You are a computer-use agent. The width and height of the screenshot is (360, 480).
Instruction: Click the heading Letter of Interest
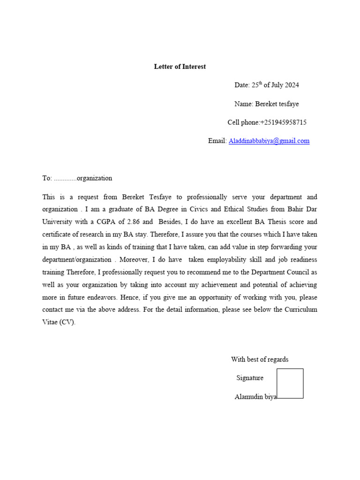(x=180, y=67)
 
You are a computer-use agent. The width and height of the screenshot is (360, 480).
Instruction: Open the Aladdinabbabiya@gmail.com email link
(x=269, y=141)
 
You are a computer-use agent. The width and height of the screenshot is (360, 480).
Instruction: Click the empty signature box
(x=290, y=383)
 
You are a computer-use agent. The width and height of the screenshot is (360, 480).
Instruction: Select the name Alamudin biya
(x=255, y=397)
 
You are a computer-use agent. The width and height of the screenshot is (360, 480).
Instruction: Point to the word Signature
(x=250, y=378)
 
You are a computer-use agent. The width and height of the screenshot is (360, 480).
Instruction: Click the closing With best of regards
(x=260, y=360)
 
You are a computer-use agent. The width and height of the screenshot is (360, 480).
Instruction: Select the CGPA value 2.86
(x=134, y=222)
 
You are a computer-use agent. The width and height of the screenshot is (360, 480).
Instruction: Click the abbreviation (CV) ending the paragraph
(x=67, y=322)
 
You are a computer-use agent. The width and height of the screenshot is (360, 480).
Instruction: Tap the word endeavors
(x=102, y=297)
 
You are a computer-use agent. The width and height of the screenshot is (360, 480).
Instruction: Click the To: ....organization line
(x=77, y=178)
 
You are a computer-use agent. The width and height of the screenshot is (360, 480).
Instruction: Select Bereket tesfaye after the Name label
(x=277, y=104)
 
